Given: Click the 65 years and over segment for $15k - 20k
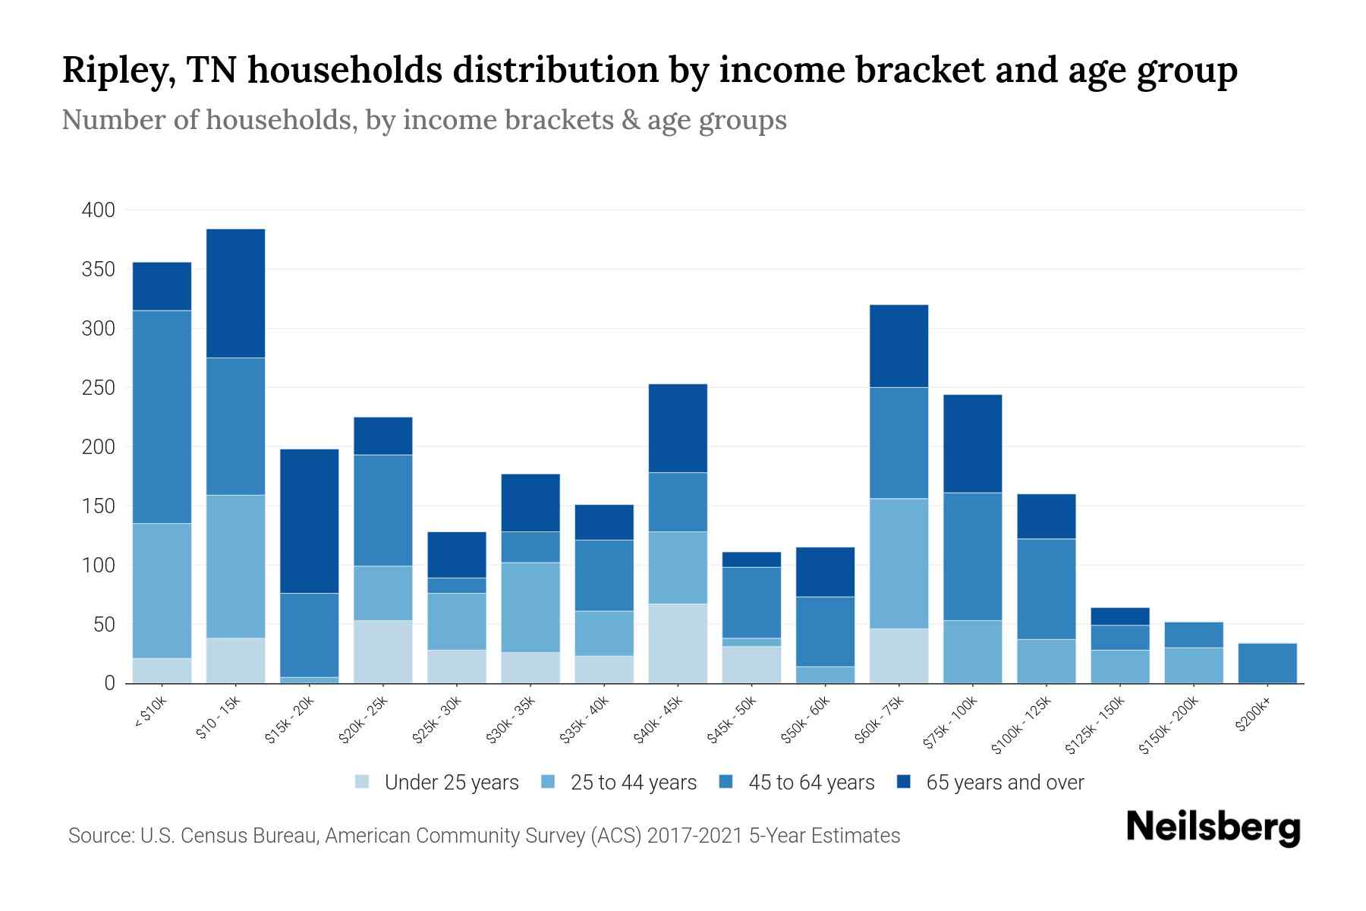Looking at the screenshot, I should pyautogui.click(x=309, y=521).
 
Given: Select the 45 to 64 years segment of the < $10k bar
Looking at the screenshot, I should pyautogui.click(x=162, y=417).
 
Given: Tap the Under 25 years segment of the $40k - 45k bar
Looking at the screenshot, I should pyautogui.click(x=678, y=643).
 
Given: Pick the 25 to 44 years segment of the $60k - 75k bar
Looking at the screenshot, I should pyautogui.click(x=899, y=563).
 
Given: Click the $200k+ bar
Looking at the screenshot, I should pyautogui.click(x=1267, y=663).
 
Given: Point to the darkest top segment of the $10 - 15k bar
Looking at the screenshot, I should pyautogui.click(x=235, y=293).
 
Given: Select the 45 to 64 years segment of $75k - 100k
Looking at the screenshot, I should pyautogui.click(x=972, y=556).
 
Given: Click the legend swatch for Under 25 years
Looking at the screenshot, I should pyautogui.click(x=362, y=782).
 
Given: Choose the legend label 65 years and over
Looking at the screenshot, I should pyautogui.click(x=1005, y=782).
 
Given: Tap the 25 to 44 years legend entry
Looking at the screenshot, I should pyautogui.click(x=633, y=782).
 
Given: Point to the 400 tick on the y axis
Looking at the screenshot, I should pyautogui.click(x=98, y=210).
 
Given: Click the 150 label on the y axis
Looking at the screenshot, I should pyautogui.click(x=98, y=506).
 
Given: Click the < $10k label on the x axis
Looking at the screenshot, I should pyautogui.click(x=150, y=714).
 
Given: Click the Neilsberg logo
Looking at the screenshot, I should pyautogui.click(x=1213, y=827).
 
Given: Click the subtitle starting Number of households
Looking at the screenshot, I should pyautogui.click(x=423, y=120).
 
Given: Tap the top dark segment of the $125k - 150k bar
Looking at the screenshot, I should pyautogui.click(x=1119, y=616).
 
